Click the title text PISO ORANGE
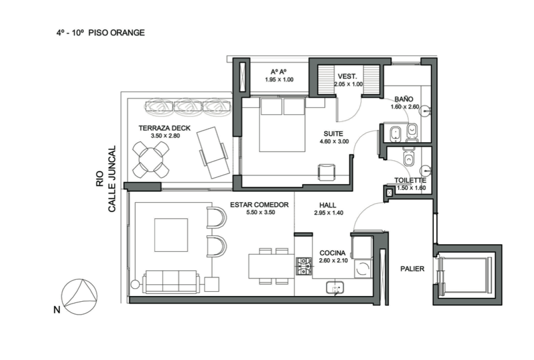117,33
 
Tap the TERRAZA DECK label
164,128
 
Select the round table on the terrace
151,160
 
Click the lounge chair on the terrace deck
213,153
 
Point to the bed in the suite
282,125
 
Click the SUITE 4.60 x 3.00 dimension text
334,142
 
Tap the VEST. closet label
347,76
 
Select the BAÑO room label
403,99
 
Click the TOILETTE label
410,181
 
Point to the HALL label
328,205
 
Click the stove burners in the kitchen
304,266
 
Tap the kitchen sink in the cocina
335,288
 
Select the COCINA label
332,253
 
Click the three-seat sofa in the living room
171,282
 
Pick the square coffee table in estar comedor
171,235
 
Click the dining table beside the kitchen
272,266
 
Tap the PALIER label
412,269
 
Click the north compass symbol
79,297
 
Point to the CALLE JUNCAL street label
112,179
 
